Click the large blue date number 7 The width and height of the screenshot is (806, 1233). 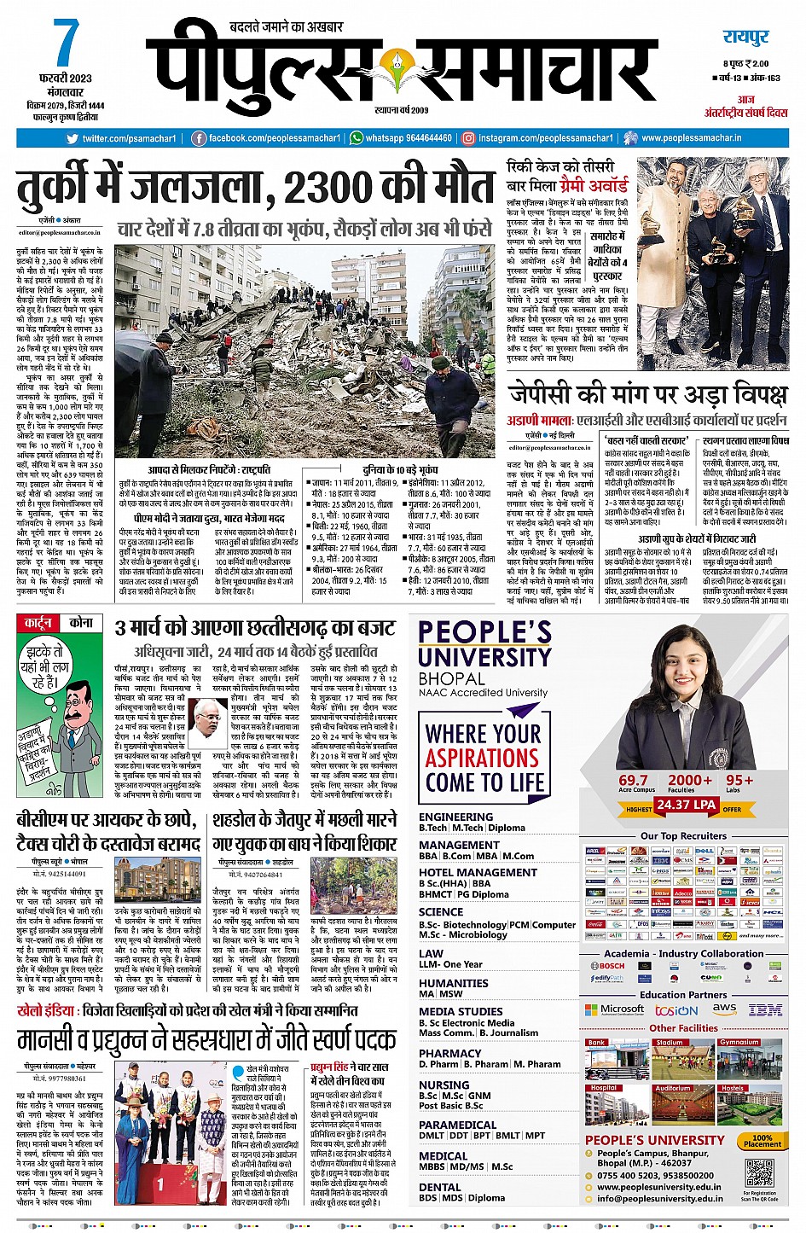[x=66, y=44]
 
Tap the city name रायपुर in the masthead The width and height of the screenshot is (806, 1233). [x=745, y=37]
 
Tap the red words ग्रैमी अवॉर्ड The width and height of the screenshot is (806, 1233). [x=594, y=184]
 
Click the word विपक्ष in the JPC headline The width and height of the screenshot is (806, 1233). [x=744, y=394]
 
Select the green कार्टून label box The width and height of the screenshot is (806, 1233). [x=38, y=623]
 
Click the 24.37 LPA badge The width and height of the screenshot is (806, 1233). [x=685, y=805]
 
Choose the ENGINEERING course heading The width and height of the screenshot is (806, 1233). [x=455, y=817]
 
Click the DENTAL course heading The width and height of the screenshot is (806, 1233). [x=440, y=1186]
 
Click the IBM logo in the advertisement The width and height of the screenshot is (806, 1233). [x=764, y=1009]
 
